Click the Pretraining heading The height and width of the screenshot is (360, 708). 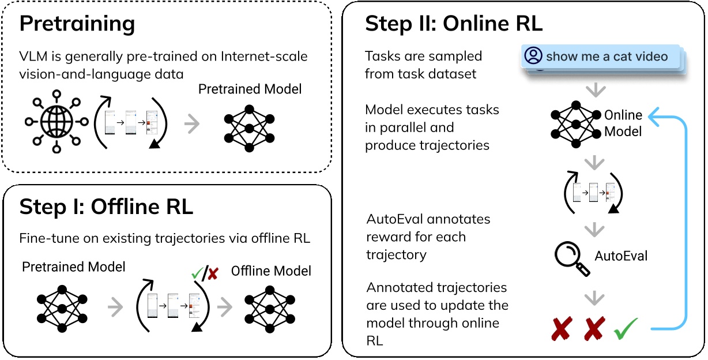pos(77,24)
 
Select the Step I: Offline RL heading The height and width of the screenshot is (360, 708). pos(106,207)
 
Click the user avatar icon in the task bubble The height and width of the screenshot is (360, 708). pos(534,56)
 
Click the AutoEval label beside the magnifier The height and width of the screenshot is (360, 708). pos(620,256)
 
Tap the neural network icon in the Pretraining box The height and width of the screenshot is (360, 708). pos(248,128)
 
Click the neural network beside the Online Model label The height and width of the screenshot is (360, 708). pos(575,123)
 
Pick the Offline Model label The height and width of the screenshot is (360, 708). pos(271,271)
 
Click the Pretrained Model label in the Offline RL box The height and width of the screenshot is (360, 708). pos(73,267)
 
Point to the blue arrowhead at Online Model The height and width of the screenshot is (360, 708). pos(654,117)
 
